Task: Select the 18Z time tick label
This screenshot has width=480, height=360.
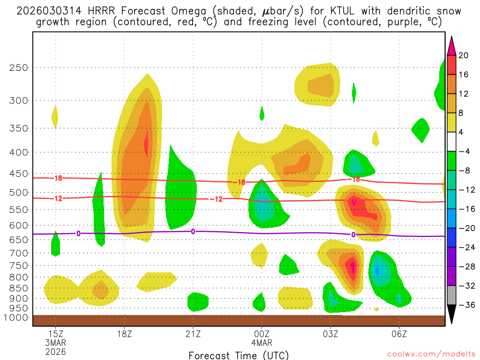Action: coord(124,334)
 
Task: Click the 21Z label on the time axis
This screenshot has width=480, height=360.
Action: coord(193,334)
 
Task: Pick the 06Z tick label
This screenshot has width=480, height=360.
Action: coord(399,334)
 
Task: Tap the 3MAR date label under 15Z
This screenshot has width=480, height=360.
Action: coord(56,343)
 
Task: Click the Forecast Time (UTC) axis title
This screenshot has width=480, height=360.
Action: coord(239,355)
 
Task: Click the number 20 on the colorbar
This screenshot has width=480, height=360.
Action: coord(464,55)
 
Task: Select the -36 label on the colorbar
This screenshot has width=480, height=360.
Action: coord(465,305)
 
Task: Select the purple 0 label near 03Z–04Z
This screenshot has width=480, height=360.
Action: coord(353,234)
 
